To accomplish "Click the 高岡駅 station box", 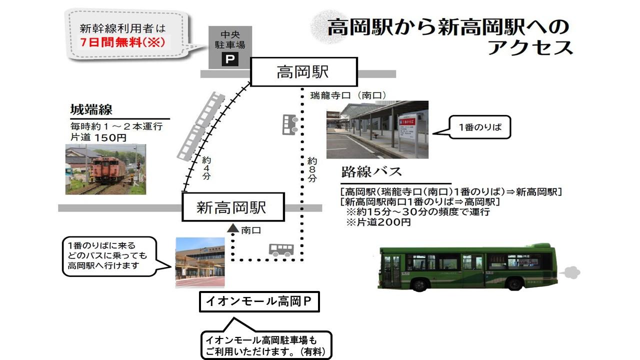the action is tap(304, 72).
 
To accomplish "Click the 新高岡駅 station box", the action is tap(233, 207).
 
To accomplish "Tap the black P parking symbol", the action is tap(230, 59).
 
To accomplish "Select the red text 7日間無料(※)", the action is tap(122, 42).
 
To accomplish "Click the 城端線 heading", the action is tap(91, 109).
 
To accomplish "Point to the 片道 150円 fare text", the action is tap(98, 137).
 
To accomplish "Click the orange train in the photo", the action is tap(108, 169).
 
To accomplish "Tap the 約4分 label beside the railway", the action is tap(206, 168).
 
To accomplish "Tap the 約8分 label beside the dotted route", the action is tap(312, 169).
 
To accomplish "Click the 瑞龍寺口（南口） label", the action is tap(348, 95).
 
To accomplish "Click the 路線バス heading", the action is tap(371, 171).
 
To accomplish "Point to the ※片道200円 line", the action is tap(378, 222).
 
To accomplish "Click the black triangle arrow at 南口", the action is tap(233, 228).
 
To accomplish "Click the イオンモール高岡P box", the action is tap(259, 301).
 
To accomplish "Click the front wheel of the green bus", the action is tap(419, 284).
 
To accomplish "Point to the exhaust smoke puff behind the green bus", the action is tap(571, 272).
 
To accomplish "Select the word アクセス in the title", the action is tap(530, 47).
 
